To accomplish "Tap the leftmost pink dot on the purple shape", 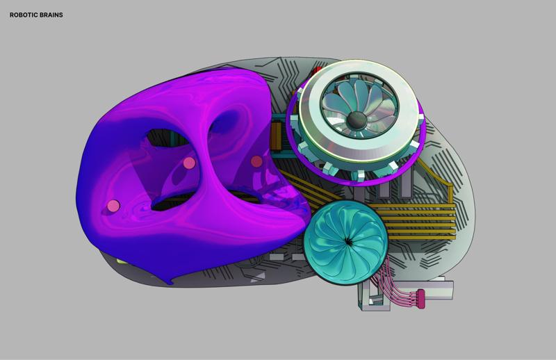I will (113, 206).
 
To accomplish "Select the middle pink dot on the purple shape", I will (189, 163).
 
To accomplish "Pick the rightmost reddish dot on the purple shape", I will (256, 161).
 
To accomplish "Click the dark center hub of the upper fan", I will (358, 121).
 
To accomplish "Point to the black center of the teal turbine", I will (347, 241).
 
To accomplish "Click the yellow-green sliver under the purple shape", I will (120, 261).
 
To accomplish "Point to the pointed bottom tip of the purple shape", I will (170, 282).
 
